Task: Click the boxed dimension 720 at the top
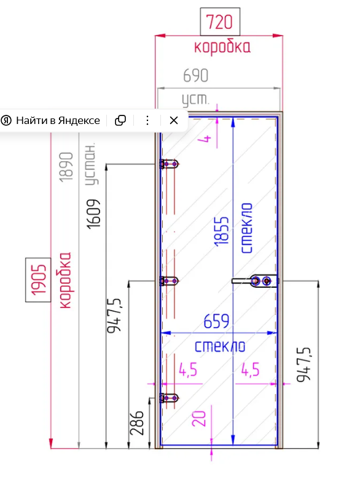220,21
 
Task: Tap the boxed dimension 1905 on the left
38,280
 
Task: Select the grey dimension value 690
195,75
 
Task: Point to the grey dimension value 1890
66,167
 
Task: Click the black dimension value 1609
93,214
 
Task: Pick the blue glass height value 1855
222,231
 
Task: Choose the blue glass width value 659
216,321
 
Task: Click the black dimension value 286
136,423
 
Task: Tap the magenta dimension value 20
198,419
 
